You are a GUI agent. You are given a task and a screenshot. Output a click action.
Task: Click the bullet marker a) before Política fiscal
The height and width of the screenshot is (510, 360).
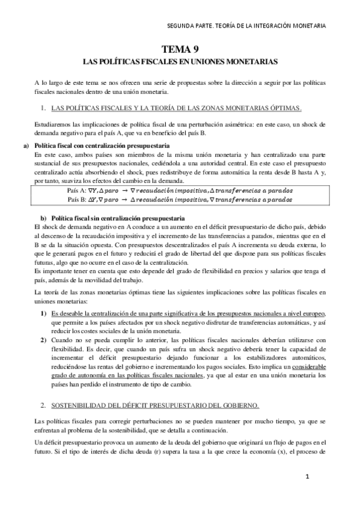(x=27, y=147)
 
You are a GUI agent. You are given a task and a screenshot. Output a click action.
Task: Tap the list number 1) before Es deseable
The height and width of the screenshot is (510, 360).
(x=44, y=314)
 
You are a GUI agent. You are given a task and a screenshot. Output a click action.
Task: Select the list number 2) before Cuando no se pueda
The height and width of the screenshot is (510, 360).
(x=44, y=340)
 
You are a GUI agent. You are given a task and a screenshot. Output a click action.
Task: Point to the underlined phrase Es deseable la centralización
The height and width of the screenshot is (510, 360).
(x=102, y=314)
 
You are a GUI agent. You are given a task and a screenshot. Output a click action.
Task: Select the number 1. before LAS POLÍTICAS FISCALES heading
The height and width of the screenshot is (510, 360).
(x=43, y=108)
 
